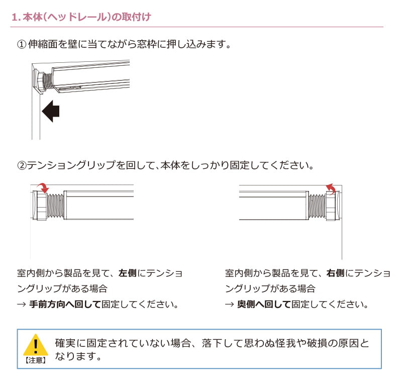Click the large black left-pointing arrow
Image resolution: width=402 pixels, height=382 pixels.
pos(51,111)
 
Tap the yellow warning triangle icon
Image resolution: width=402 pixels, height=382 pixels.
pos(35,345)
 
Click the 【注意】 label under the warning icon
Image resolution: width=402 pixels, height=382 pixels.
pos(35,360)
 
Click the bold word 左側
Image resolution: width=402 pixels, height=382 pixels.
pos(127,273)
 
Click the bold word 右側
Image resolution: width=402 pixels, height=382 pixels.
pos(335,273)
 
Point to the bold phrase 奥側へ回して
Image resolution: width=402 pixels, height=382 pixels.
pos(264,305)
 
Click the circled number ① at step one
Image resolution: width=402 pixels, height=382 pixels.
pos(21,45)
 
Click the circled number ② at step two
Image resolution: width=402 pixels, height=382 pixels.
pos(21,165)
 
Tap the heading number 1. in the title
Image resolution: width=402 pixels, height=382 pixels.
pos(16,17)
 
